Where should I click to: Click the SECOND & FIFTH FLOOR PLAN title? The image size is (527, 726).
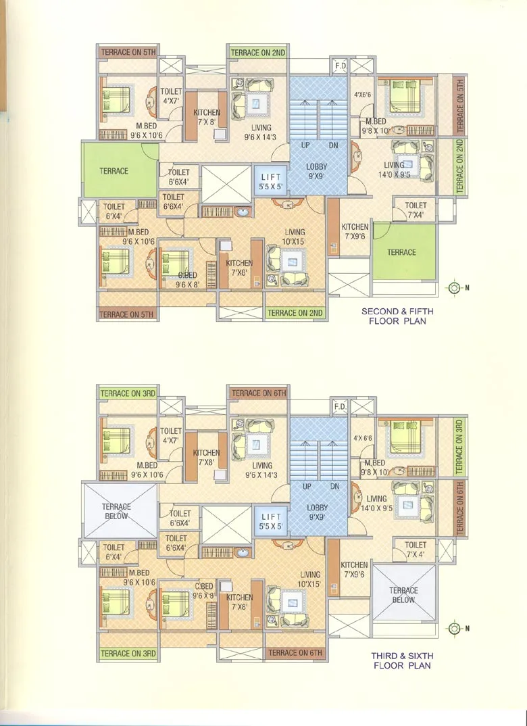(x=397, y=316)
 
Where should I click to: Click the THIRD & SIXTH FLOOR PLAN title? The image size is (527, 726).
(x=402, y=660)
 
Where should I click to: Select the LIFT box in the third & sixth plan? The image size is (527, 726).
(x=271, y=521)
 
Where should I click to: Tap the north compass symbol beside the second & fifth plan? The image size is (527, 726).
(x=454, y=287)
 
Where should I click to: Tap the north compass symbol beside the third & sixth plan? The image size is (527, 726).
(x=454, y=629)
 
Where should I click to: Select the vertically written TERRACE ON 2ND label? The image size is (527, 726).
(x=459, y=166)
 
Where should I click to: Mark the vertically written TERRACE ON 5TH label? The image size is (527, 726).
(x=460, y=105)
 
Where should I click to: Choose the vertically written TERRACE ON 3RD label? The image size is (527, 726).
(x=459, y=445)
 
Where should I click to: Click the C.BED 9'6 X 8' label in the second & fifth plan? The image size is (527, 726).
(x=186, y=280)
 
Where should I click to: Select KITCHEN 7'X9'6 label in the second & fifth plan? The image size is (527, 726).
(x=355, y=231)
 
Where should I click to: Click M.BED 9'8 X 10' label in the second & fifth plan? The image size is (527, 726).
(x=376, y=126)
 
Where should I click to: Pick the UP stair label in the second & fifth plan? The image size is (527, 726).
(x=307, y=145)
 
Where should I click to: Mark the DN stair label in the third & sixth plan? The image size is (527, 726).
(x=333, y=486)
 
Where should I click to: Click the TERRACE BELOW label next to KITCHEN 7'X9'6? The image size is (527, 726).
(x=403, y=595)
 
